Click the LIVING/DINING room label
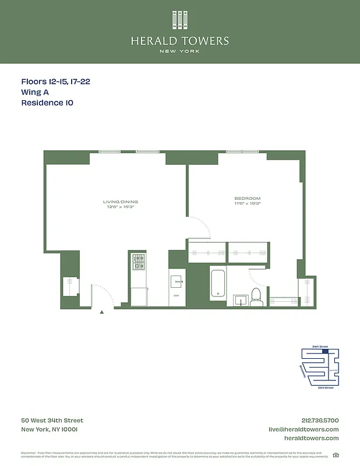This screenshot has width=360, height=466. (x=121, y=202)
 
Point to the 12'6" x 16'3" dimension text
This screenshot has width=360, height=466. (x=121, y=207)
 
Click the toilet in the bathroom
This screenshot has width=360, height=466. (x=256, y=296)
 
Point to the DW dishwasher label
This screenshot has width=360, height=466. (x=176, y=295)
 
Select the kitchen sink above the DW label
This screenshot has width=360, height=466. (x=177, y=281)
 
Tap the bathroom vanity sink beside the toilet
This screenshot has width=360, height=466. (x=241, y=301)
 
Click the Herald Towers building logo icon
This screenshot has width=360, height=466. (x=179, y=20)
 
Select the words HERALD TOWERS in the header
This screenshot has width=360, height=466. (x=179, y=41)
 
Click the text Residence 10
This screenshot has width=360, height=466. (x=47, y=103)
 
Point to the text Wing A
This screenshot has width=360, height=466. (x=34, y=92)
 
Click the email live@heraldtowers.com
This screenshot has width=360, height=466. (x=303, y=429)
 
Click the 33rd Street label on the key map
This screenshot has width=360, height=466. (x=325, y=387)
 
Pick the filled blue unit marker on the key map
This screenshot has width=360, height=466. (x=325, y=351)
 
